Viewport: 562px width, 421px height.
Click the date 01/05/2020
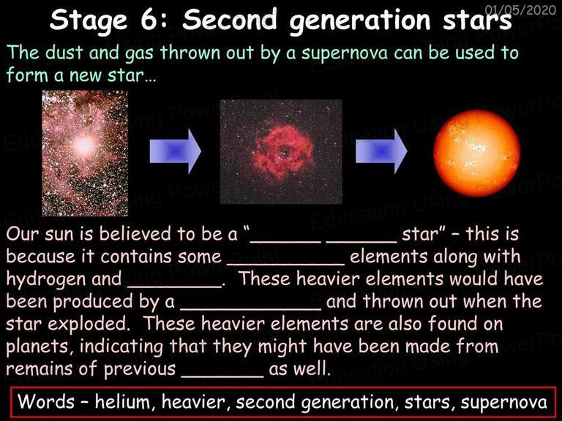(x=520, y=10)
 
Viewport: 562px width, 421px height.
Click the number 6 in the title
(x=149, y=20)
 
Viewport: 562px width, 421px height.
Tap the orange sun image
(x=476, y=153)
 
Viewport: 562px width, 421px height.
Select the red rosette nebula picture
(x=281, y=152)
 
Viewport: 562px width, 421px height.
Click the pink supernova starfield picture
(x=85, y=153)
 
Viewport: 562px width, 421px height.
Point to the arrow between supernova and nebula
(x=176, y=151)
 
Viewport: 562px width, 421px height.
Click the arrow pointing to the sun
(x=381, y=151)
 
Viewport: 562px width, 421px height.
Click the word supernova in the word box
(x=504, y=403)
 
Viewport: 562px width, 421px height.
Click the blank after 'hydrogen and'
(x=175, y=285)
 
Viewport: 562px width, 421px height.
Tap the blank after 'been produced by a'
(x=250, y=308)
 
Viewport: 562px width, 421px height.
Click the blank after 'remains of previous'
(x=222, y=375)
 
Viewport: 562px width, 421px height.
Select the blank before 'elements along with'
(x=286, y=263)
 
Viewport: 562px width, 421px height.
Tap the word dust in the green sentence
(x=64, y=53)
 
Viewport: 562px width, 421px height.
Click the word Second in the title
(x=230, y=19)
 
